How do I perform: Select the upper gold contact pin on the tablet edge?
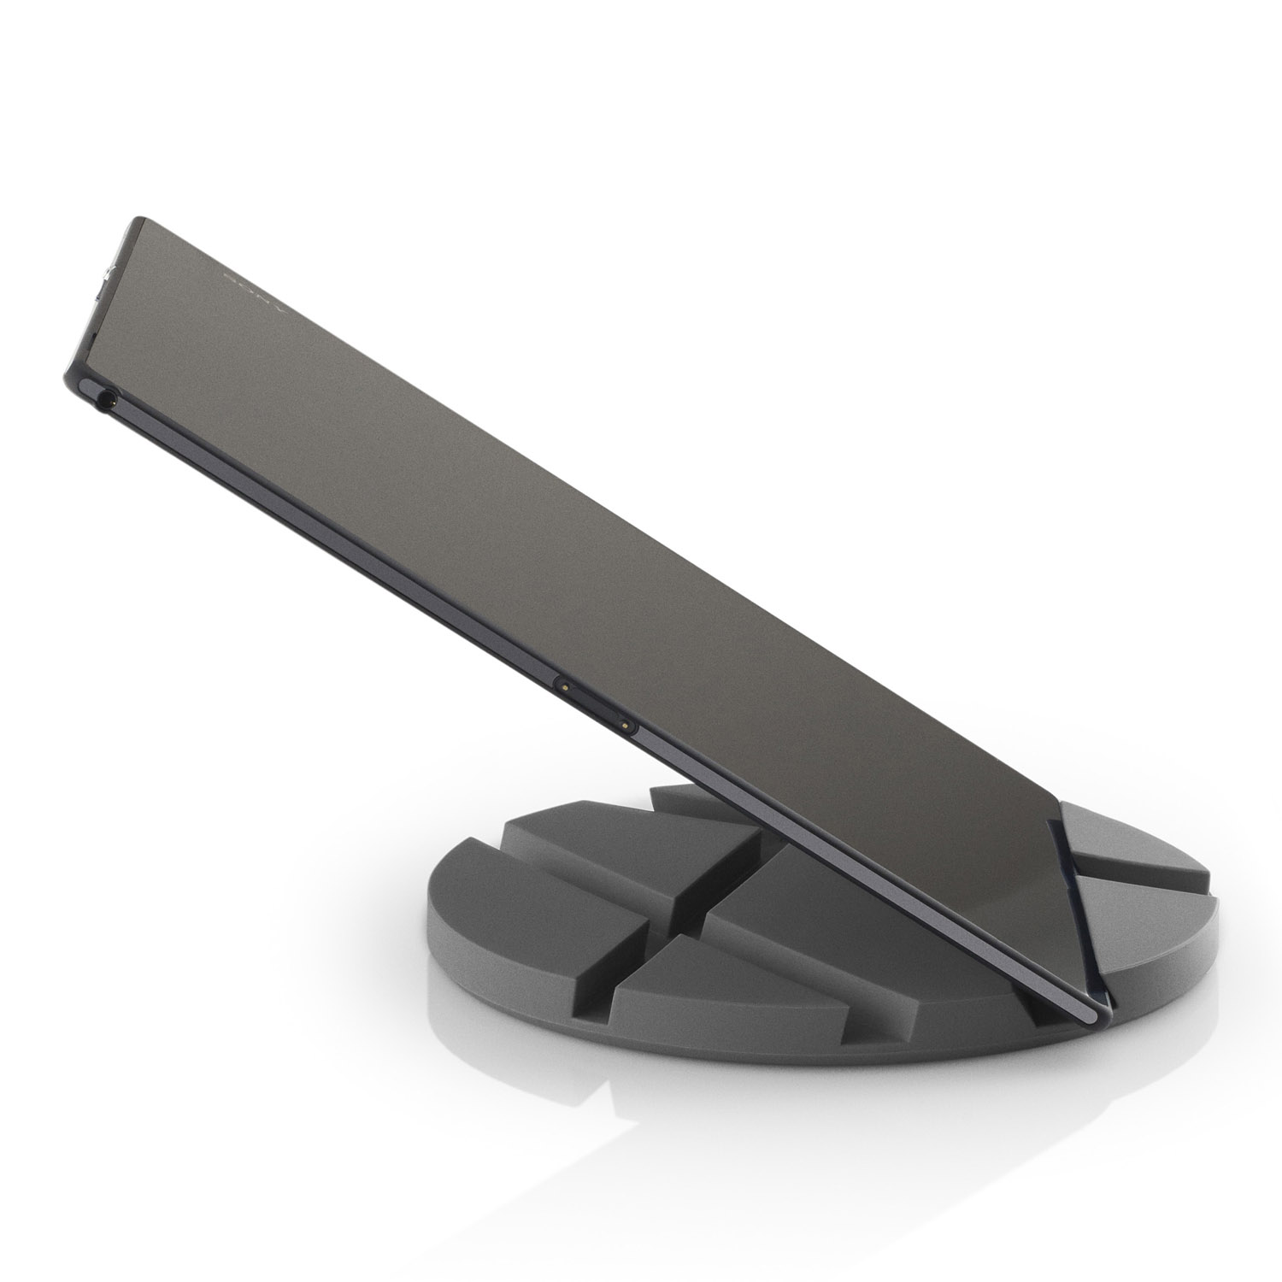coord(564,684)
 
